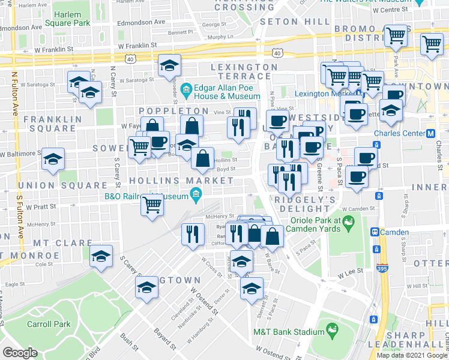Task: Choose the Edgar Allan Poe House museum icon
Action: point(187,91)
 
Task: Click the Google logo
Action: point(19,353)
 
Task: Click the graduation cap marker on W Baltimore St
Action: point(53,160)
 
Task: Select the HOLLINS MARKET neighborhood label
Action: point(178,181)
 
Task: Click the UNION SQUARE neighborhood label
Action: point(54,185)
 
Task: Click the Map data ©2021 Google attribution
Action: point(412,355)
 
